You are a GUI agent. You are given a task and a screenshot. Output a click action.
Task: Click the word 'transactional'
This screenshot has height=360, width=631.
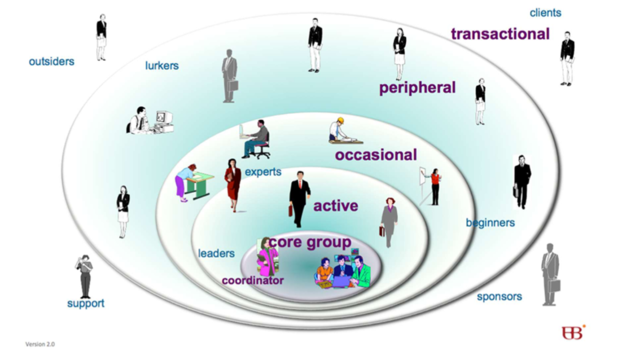click(x=500, y=34)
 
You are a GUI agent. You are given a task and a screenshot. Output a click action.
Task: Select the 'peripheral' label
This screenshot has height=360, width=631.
click(x=417, y=87)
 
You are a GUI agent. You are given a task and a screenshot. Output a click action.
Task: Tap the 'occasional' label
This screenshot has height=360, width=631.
click(x=376, y=155)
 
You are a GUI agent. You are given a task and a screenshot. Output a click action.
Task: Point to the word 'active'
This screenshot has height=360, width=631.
click(x=336, y=206)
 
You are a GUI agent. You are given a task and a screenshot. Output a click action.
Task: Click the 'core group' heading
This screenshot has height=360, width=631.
click(x=310, y=242)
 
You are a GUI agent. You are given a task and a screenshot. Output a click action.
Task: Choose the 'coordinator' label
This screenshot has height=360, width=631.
click(x=252, y=280)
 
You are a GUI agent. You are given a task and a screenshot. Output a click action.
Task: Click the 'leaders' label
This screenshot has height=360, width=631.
click(x=216, y=253)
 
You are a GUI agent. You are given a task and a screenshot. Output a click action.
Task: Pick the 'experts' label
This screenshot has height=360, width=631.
click(x=263, y=172)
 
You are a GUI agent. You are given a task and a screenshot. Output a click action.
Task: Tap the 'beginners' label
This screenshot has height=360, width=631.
click(x=490, y=223)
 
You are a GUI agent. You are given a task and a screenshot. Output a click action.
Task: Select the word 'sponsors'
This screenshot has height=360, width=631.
click(x=499, y=296)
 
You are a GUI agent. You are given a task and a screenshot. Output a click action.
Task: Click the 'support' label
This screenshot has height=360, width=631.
click(x=86, y=304)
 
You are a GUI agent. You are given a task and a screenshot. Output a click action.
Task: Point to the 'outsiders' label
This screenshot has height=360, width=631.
click(x=51, y=62)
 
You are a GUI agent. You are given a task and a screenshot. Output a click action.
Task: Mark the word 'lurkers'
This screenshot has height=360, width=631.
click(x=162, y=66)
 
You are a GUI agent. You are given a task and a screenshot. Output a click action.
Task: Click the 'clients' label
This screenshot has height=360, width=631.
click(x=545, y=12)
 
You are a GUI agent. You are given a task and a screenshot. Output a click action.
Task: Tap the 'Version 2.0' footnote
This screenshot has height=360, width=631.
click(x=40, y=344)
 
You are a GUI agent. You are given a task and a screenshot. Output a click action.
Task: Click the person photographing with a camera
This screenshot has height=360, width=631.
click(x=84, y=276)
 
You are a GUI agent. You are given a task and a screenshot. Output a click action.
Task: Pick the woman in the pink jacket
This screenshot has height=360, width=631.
click(x=267, y=257)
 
